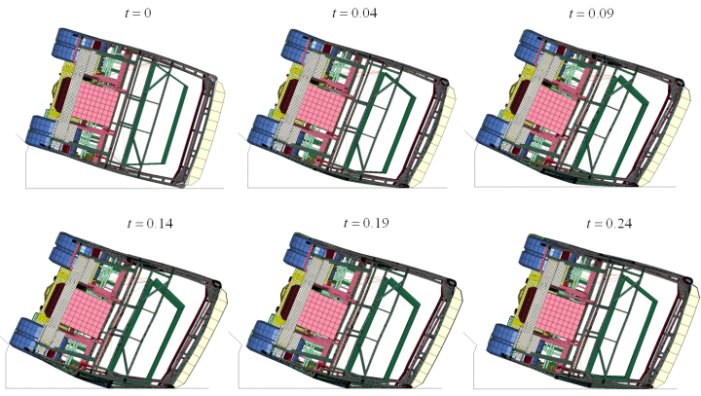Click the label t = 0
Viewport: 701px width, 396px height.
[137, 13]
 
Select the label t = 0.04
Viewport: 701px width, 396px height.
[354, 13]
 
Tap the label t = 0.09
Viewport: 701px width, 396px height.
[591, 14]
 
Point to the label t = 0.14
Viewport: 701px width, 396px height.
[150, 223]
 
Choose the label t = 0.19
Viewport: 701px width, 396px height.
[366, 223]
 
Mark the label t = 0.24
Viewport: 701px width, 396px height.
[609, 223]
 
